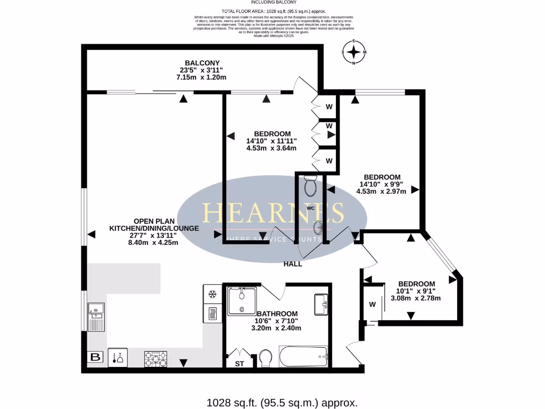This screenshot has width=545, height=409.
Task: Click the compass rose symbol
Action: [x=354, y=52]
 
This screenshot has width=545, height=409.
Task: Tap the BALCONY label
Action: [x=202, y=63]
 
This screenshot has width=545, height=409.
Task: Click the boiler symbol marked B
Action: [x=96, y=357]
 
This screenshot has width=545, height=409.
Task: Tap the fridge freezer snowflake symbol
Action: [x=211, y=293]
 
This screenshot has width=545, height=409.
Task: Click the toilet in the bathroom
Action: [x=266, y=358]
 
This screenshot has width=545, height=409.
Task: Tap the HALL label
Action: [x=293, y=264]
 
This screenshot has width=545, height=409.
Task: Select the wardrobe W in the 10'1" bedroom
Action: [x=372, y=305]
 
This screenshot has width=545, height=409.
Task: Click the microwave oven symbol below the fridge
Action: [x=211, y=313]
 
